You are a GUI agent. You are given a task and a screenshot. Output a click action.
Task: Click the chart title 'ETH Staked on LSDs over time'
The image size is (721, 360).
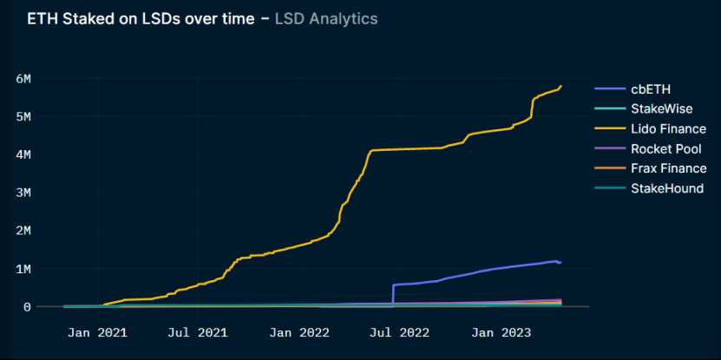[142, 18]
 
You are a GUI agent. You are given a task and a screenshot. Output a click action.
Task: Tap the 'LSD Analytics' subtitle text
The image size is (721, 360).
[326, 18]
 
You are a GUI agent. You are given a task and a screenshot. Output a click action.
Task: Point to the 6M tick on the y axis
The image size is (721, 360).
[23, 79]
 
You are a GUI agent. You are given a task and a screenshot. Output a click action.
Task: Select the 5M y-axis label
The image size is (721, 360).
[23, 117]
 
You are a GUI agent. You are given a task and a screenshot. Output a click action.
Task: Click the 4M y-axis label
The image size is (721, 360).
[23, 155]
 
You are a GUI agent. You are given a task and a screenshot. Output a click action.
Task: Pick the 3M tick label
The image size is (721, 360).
[23, 193]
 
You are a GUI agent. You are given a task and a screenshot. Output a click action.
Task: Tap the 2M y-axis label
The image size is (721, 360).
[23, 231]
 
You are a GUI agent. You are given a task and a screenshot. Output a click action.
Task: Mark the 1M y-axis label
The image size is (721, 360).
[23, 269]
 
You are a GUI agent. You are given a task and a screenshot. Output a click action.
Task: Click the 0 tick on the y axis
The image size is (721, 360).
[27, 307]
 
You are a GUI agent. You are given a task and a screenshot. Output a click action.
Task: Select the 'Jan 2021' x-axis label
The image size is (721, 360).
[97, 332]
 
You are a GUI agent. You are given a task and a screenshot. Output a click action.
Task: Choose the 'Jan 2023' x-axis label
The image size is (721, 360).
[498, 332]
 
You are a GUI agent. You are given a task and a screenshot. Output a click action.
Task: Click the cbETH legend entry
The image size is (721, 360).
[650, 88]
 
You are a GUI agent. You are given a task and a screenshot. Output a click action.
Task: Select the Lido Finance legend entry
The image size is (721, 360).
[668, 129]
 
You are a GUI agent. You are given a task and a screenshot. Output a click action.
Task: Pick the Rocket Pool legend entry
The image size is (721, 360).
[665, 149]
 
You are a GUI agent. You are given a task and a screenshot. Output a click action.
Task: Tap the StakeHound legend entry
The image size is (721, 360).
[666, 188]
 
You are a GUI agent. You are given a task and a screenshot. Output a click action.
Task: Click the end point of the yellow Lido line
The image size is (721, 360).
[561, 86]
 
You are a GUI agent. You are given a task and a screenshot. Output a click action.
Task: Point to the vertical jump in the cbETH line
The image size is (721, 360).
[393, 294]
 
